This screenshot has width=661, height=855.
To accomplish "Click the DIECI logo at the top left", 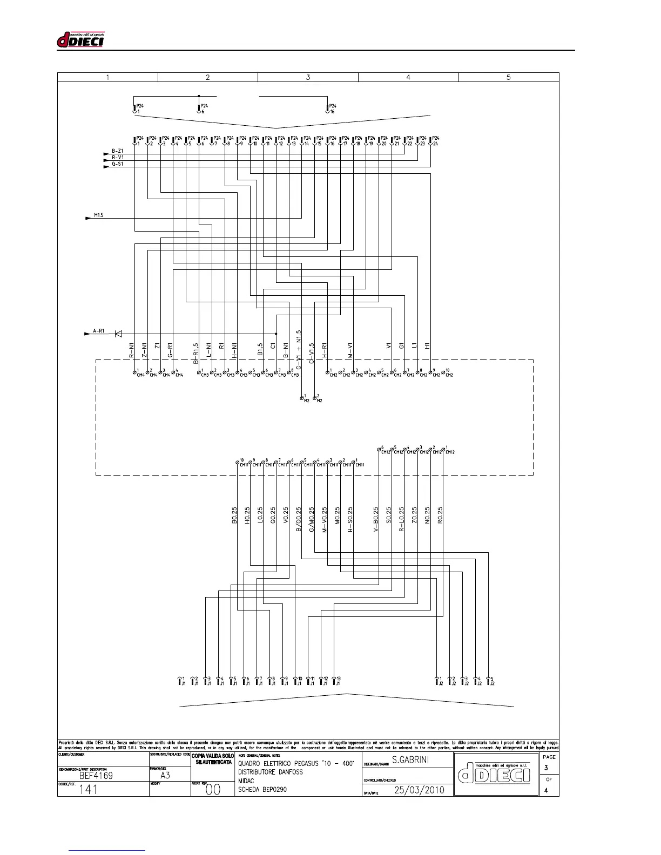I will [x=80, y=40].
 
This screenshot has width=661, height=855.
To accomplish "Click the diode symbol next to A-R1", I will [x=118, y=334].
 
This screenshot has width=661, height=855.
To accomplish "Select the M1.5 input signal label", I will [x=98, y=215].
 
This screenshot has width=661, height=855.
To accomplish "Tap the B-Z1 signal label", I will [x=117, y=151].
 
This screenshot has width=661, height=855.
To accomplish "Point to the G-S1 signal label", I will [x=117, y=164].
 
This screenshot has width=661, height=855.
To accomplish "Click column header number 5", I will [x=508, y=77].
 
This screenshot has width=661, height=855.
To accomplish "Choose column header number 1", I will [x=107, y=77].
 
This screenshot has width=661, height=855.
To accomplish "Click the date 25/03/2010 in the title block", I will [x=419, y=790].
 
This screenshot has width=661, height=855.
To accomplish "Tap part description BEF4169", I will [x=96, y=776].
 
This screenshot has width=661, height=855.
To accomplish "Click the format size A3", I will [x=165, y=776].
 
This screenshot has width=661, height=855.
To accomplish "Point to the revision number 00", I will [x=213, y=790].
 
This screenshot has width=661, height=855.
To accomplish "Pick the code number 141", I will [x=89, y=790].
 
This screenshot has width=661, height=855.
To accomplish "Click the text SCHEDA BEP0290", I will [x=262, y=789].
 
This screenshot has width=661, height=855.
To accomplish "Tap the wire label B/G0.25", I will [x=299, y=520].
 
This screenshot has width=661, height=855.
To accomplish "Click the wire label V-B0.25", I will [x=376, y=520].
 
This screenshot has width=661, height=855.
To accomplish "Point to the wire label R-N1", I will [x=131, y=350].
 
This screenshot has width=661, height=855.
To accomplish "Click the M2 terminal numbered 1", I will [x=302, y=398].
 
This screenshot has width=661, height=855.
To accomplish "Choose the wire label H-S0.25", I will [x=350, y=520].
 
